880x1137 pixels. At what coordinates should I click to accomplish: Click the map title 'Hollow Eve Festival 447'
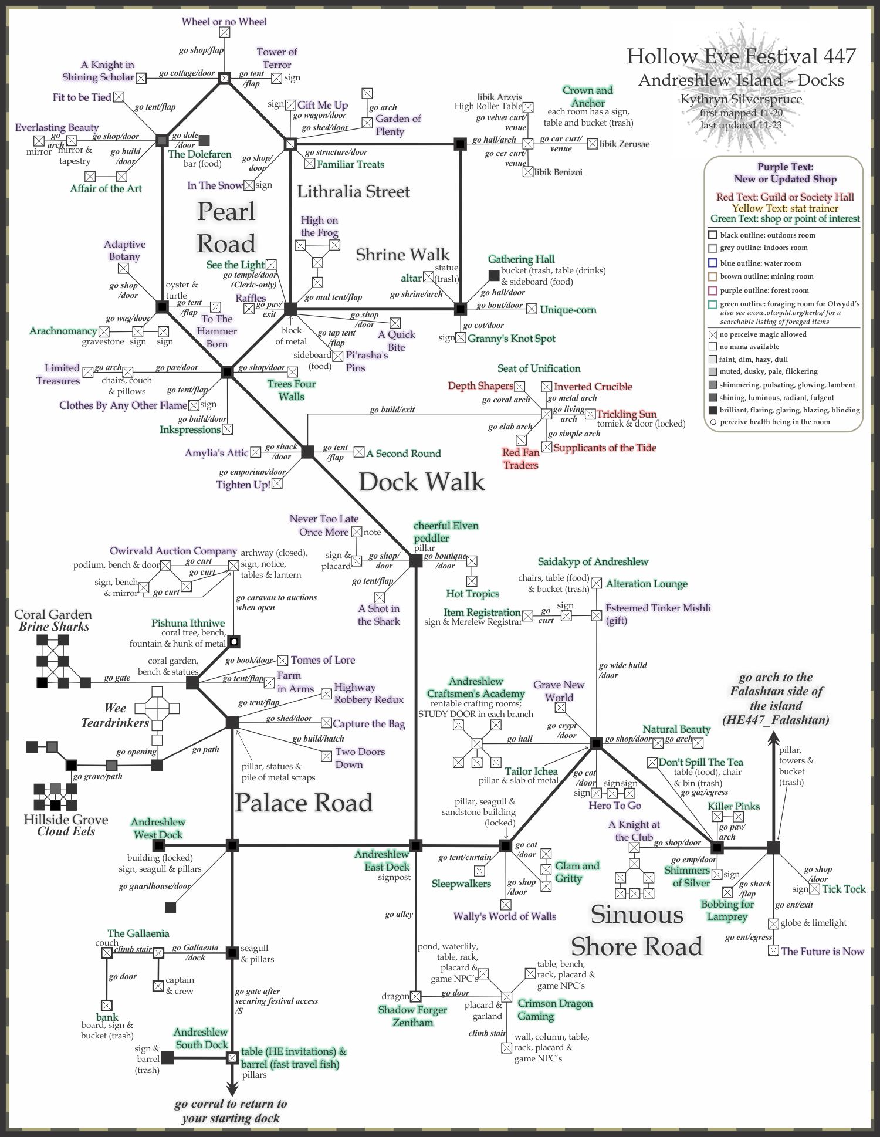[741, 56]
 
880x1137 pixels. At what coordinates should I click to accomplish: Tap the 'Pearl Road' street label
[226, 227]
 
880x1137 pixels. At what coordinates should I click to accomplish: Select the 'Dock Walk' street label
[422, 482]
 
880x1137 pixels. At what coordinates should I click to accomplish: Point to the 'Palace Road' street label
[304, 802]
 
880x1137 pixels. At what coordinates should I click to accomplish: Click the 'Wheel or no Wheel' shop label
[224, 22]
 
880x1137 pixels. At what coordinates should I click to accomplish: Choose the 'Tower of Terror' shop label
[277, 58]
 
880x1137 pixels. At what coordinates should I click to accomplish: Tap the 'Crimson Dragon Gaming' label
[555, 1009]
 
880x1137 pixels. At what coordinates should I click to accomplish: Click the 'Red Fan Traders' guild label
[520, 459]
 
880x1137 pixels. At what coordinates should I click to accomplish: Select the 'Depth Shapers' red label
[480, 385]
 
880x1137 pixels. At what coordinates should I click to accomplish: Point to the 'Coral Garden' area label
[53, 614]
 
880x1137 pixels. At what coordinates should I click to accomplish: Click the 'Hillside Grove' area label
[66, 819]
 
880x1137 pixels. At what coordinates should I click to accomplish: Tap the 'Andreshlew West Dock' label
[158, 828]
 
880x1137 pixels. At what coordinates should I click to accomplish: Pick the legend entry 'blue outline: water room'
[761, 263]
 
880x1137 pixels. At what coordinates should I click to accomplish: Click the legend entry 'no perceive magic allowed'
[763, 334]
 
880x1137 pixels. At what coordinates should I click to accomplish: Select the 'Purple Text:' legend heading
[785, 167]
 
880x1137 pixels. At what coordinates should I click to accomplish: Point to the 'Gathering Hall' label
[521, 259]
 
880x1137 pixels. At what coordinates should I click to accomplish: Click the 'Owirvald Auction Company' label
[173, 551]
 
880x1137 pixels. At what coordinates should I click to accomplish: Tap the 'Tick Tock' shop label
[844, 889]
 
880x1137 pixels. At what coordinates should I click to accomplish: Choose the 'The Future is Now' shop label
[823, 951]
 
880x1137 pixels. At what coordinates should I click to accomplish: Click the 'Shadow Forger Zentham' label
[413, 1016]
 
